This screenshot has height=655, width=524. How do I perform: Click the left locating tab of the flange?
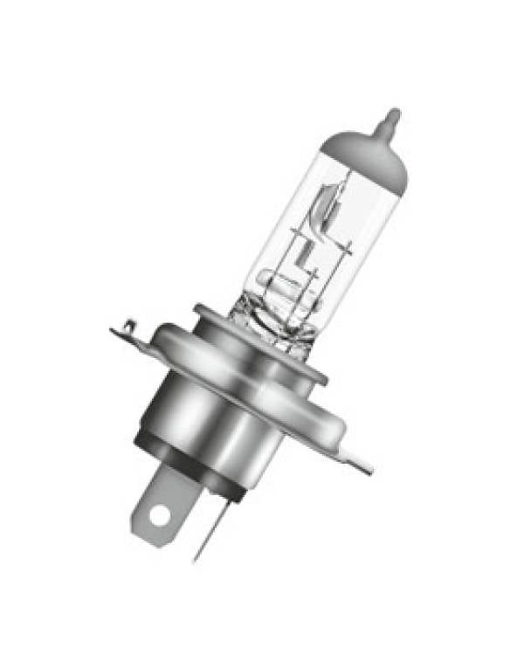click(x=131, y=334)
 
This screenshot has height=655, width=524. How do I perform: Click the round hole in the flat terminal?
click(x=158, y=515)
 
